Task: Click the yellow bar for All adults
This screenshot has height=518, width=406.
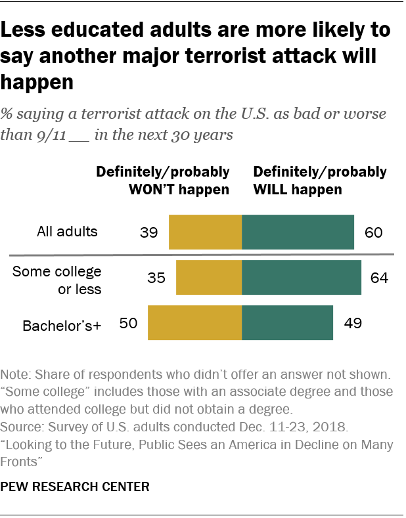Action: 205,232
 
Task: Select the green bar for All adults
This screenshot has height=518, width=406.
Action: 298,232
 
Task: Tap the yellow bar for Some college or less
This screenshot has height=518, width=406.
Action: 209,277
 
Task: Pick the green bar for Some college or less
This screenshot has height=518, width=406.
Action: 302,277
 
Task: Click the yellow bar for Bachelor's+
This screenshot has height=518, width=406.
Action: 194,322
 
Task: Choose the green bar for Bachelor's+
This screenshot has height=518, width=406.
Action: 287,322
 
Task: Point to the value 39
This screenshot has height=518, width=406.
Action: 148,232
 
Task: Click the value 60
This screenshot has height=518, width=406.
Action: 372,232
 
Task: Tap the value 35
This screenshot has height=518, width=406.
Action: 156,278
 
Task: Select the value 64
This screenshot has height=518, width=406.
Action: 379,278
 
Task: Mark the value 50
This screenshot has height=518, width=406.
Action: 127,323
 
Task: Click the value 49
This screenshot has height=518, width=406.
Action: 351,323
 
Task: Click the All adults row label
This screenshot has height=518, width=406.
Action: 67,232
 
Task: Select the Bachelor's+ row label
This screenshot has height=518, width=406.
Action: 62,324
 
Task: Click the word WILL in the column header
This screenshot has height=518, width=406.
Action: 271,190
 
